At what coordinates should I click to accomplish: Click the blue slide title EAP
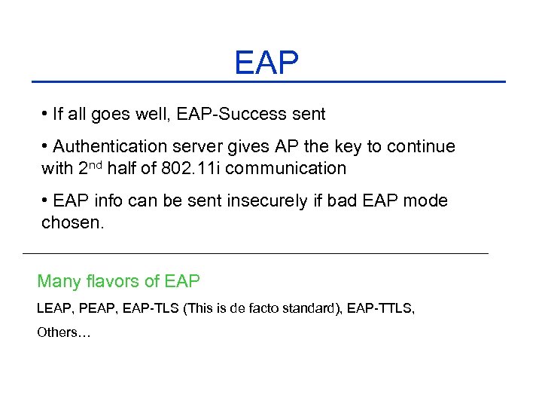266,63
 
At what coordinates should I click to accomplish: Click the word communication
285,168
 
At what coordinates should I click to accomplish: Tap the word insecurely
263,201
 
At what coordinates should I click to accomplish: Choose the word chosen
72,223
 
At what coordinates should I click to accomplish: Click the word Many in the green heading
58,282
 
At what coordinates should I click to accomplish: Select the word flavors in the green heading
111,282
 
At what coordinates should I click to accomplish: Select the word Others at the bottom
57,332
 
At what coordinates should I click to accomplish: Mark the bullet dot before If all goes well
46,115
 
